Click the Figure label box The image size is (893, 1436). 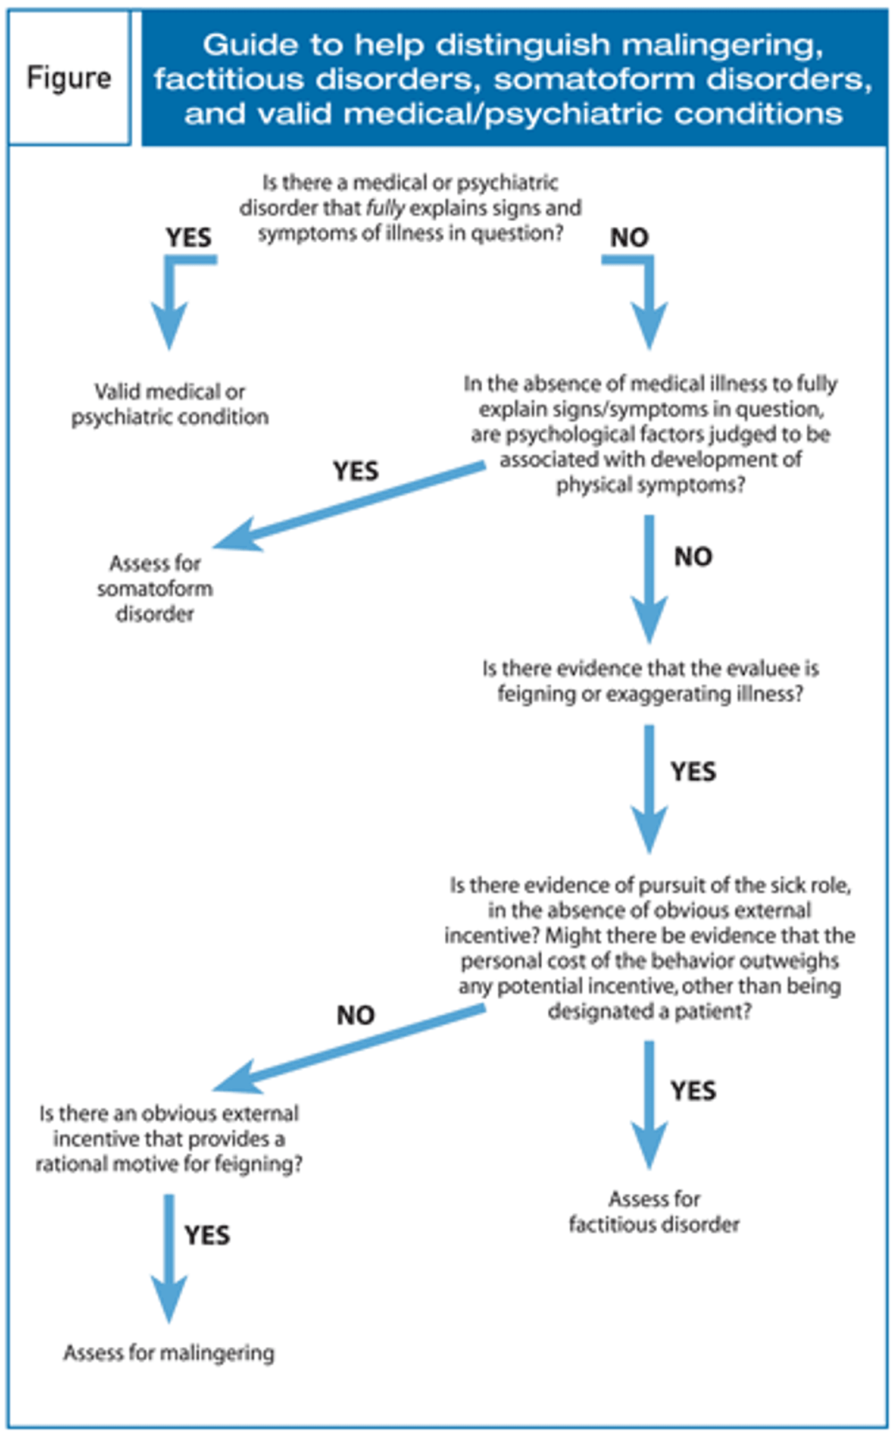[x=70, y=77]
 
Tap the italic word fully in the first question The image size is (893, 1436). [x=385, y=208]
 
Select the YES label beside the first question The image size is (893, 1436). [x=189, y=237]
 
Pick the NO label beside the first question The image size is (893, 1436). [x=629, y=237]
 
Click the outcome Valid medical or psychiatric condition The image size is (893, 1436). [x=170, y=404]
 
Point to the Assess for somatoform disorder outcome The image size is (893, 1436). [x=155, y=589]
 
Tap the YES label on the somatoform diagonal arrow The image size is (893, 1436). [x=355, y=471]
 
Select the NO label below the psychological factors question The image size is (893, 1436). [x=693, y=557]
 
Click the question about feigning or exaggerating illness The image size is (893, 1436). [x=650, y=681]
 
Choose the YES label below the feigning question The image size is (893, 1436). [x=693, y=772]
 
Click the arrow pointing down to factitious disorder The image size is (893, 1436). [x=649, y=1105]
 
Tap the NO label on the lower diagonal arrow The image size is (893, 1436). [x=355, y=1015]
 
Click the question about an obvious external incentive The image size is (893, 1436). [x=169, y=1139]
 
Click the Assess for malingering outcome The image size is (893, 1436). [x=169, y=1353]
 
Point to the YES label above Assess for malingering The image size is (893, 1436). [x=207, y=1235]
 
